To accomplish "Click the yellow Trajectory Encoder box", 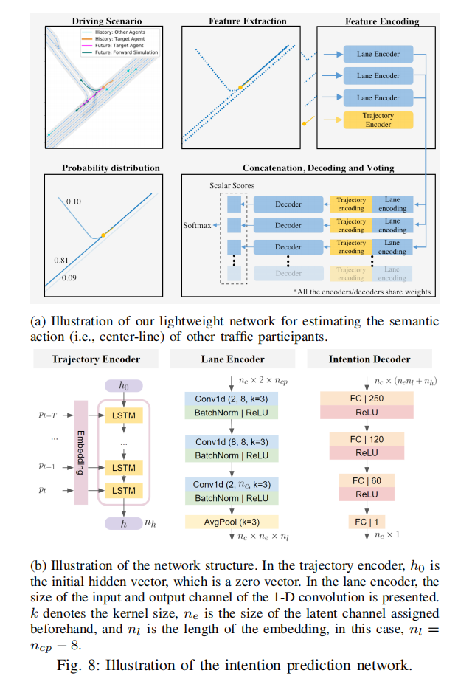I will point(378,120).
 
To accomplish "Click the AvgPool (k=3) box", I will point(232,520).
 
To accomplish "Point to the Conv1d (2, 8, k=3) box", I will point(232,398).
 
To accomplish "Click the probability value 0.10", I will point(73,201).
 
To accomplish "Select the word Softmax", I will point(198,225).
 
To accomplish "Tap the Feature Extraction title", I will point(246,21).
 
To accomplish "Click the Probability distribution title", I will point(101,168).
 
